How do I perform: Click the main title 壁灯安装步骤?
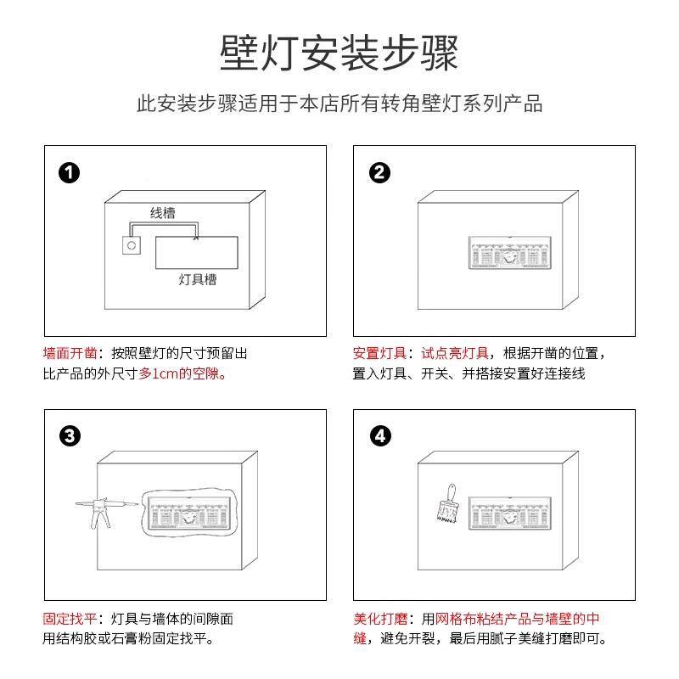(339, 53)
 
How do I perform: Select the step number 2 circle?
(380, 173)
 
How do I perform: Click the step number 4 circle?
(381, 437)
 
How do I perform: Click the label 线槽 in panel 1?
(163, 213)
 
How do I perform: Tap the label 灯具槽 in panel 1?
(198, 279)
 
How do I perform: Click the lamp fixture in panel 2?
(509, 254)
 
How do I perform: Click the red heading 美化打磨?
(379, 619)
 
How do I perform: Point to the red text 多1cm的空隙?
(182, 373)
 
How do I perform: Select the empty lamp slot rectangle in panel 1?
(197, 252)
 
